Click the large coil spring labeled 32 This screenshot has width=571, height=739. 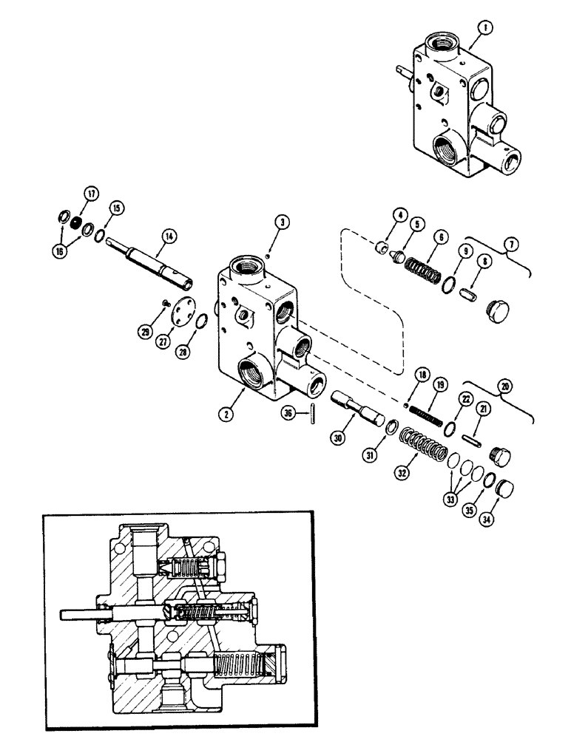tap(422, 448)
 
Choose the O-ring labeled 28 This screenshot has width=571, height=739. tap(202, 320)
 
